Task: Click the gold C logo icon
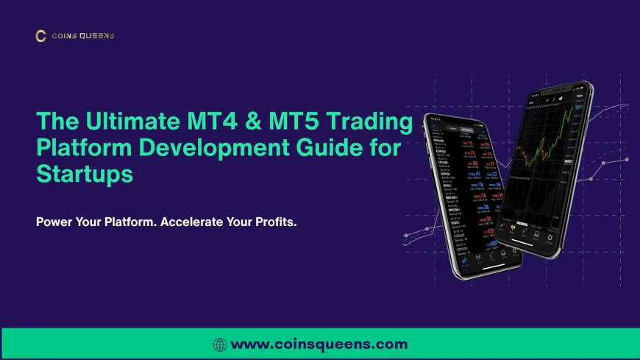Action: [x=40, y=35]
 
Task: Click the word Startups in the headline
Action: [x=85, y=175]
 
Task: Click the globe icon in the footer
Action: [x=220, y=344]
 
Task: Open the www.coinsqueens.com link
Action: [x=319, y=344]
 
